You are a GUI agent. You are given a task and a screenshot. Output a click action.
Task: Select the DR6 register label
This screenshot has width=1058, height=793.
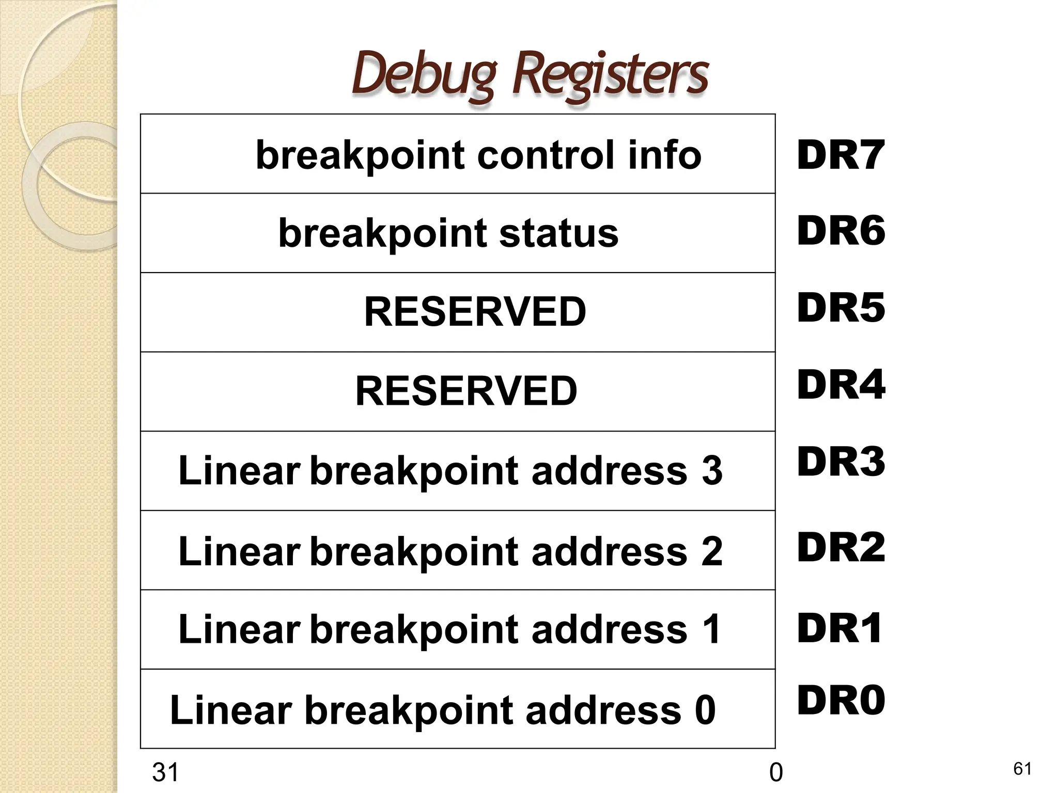click(x=841, y=231)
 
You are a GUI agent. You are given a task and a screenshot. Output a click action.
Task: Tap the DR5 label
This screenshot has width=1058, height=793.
click(x=841, y=308)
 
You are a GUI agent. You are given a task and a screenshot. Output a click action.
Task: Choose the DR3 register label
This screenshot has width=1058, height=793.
click(x=841, y=462)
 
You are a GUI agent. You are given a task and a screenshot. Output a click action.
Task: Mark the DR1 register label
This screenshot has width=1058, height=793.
click(x=839, y=628)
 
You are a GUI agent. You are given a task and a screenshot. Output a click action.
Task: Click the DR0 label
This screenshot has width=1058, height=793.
click(x=841, y=701)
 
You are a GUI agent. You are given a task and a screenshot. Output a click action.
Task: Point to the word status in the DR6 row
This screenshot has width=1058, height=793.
click(x=558, y=233)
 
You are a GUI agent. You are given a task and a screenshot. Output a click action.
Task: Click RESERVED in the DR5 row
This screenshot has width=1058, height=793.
click(x=475, y=312)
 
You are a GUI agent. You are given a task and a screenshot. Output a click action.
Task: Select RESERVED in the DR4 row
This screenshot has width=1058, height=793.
click(x=466, y=391)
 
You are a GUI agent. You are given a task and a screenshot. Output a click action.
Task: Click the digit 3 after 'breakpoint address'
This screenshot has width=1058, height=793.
click(x=712, y=471)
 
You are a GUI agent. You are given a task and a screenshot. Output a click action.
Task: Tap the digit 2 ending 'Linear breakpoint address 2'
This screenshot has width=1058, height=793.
click(x=712, y=551)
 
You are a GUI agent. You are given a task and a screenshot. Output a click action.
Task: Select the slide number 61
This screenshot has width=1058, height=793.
click(x=1022, y=769)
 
